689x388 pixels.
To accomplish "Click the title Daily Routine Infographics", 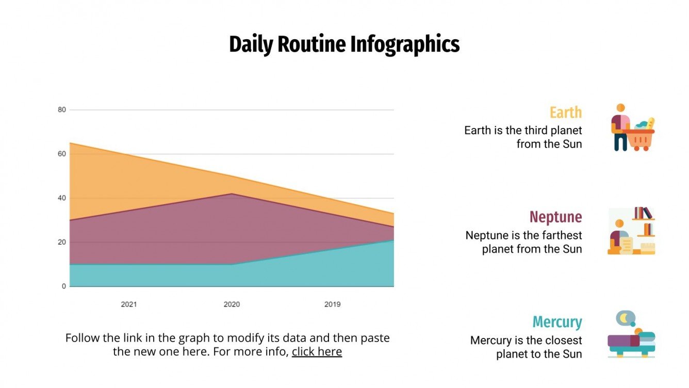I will (x=344, y=44).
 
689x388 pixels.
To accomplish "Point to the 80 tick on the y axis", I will (x=62, y=109).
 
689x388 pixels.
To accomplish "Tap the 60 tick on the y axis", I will (x=62, y=154).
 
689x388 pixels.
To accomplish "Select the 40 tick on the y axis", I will (x=62, y=198).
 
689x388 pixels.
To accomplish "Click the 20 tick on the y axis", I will (x=62, y=242).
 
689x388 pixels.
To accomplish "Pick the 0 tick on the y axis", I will (x=64, y=286).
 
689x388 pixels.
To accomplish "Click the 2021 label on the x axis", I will (x=129, y=304).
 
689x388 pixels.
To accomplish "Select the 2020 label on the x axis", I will (x=232, y=304).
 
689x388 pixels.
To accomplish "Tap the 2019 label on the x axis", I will (x=332, y=304).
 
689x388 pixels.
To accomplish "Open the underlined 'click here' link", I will (x=317, y=352).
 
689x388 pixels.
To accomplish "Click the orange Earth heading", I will (x=565, y=112).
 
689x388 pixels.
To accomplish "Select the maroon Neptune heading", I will (x=555, y=217).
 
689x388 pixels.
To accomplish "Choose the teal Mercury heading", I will (x=557, y=322).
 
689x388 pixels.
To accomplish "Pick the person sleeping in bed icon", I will (x=631, y=341).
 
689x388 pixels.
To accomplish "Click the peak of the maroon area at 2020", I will (x=232, y=194).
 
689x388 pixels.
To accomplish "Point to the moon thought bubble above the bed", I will (x=625, y=318).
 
